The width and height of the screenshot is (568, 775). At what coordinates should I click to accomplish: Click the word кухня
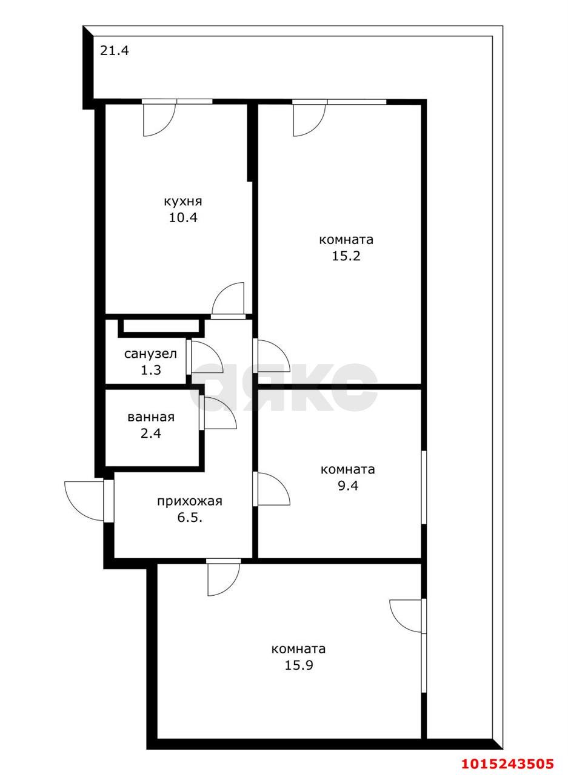pos(183,202)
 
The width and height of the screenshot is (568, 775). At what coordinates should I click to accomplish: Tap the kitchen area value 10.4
pos(183,217)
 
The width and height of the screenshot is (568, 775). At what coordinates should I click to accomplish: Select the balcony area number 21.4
pos(115,51)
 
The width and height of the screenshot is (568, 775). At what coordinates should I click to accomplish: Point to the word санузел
pos(151,354)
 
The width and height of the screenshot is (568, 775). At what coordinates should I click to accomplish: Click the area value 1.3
pos(151,370)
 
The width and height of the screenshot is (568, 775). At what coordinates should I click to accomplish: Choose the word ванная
pos(151,417)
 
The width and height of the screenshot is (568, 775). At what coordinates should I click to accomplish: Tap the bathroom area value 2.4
pos(151,433)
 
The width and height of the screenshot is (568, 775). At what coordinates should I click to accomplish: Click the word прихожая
pos(190,501)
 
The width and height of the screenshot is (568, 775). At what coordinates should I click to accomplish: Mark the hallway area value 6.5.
pos(190,518)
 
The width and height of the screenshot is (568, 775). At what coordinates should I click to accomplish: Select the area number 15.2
pos(346,256)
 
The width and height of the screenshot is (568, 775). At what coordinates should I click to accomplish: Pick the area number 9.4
pos(348,486)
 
